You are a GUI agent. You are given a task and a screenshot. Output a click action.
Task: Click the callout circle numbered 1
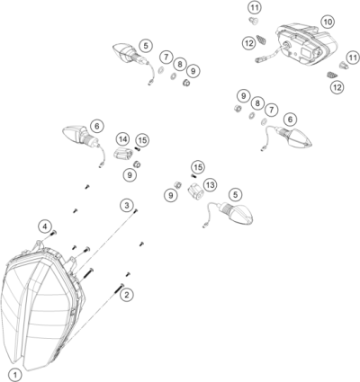pos(15,375)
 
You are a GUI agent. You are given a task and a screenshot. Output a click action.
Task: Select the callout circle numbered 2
pos(127,295)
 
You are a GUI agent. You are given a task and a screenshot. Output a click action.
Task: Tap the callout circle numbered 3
pos(127,206)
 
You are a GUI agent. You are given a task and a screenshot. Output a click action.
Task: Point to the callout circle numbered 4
pos(45,227)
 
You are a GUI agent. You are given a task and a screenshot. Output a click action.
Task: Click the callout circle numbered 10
pos(328,22)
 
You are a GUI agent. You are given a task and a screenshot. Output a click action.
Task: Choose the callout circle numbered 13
pos(211,185)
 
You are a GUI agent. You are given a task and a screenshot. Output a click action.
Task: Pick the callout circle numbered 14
pos(122,139)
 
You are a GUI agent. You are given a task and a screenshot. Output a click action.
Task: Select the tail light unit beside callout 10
pos(306,44)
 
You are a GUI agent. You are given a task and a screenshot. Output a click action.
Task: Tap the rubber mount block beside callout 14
pos(123,154)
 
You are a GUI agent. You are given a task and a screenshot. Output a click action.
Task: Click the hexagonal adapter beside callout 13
pos(195,191)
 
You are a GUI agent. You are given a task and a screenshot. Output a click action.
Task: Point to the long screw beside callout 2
pos(119,289)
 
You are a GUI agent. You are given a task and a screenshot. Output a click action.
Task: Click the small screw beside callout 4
pos(54,233)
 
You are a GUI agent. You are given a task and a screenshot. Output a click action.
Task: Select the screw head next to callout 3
pos(136,211)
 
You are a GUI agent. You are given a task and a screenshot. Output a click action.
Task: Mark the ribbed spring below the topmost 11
pos(262,40)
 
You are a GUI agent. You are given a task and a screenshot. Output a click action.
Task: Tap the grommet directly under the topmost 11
pos(253,21)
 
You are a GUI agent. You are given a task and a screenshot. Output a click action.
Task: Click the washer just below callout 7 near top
pos(161,70)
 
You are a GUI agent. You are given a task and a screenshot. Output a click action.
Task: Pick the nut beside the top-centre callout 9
pos(186,83)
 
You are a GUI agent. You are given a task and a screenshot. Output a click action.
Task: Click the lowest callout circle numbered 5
pos(235,194)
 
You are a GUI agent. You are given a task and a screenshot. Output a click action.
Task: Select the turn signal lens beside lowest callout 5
pos(242,215)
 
